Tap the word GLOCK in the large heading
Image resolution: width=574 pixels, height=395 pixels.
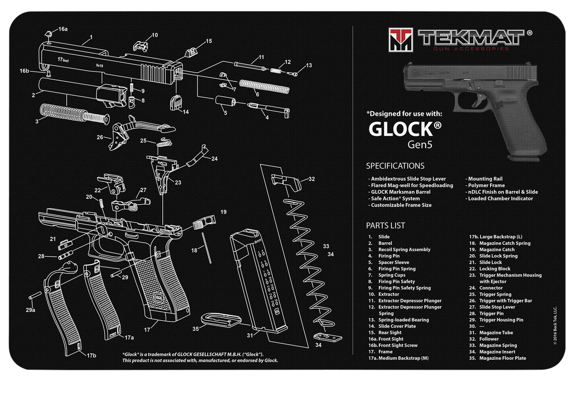coord(401,129)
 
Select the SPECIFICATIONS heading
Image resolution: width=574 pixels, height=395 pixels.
coord(395,166)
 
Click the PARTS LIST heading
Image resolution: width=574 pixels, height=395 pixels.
coord(385,225)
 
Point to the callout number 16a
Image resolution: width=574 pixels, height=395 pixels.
coord(63,29)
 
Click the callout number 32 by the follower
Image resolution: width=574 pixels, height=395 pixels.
coord(312,179)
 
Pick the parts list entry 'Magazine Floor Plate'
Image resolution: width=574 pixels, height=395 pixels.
coord(503,358)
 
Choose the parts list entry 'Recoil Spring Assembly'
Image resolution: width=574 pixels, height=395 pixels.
coord(404,249)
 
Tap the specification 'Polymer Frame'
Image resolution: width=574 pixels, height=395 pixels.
coord(486,185)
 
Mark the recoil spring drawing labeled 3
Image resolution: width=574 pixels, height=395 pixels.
coord(74,115)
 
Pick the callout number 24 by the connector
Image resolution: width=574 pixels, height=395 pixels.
coord(214,158)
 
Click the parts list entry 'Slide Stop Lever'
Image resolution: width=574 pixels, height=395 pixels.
coord(497,307)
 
